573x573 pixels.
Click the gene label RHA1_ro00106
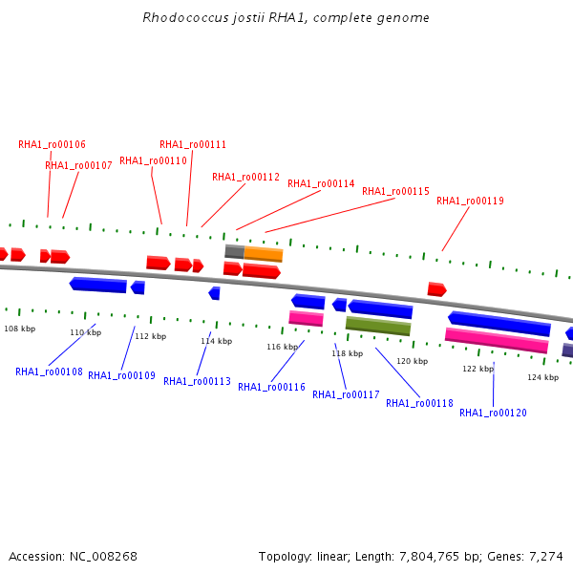[x=52, y=145]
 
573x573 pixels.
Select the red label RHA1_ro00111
[x=193, y=145]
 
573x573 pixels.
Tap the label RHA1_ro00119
[x=470, y=201]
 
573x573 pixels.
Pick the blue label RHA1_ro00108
[x=49, y=371]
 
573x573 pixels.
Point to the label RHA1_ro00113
[x=197, y=381]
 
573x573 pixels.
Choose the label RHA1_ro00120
[x=493, y=413]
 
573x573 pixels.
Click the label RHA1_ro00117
[x=346, y=394]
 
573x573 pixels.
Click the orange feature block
[x=264, y=254]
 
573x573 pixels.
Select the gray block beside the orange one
[x=235, y=251]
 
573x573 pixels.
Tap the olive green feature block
[x=378, y=326]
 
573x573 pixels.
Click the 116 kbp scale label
[x=282, y=347]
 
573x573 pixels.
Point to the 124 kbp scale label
[x=543, y=377]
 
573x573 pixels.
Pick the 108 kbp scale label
[x=20, y=329]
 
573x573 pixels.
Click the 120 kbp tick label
[x=413, y=361]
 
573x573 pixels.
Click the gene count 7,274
[x=546, y=556]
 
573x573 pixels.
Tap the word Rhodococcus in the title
[x=185, y=17]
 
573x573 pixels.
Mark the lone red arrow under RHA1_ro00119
[x=437, y=289]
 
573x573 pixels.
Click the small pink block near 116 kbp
[x=307, y=318]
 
